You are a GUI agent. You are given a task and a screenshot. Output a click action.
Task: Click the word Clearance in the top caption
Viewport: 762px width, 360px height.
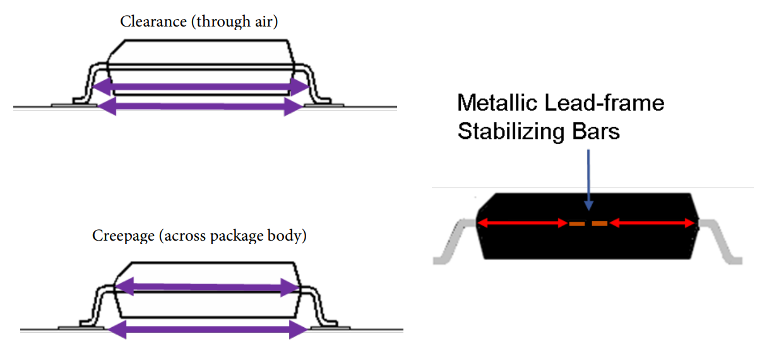[148, 22]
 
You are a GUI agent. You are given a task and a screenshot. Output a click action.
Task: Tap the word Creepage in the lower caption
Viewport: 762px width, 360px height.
[122, 236]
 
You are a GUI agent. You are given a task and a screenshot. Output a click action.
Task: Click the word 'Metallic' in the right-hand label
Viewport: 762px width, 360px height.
[496, 102]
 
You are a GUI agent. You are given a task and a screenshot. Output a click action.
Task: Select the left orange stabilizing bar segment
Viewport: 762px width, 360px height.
[577, 224]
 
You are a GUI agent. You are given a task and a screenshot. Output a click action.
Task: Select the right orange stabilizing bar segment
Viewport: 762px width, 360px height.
[600, 224]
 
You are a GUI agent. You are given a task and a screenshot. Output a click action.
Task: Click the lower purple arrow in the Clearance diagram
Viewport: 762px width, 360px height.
[201, 106]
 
